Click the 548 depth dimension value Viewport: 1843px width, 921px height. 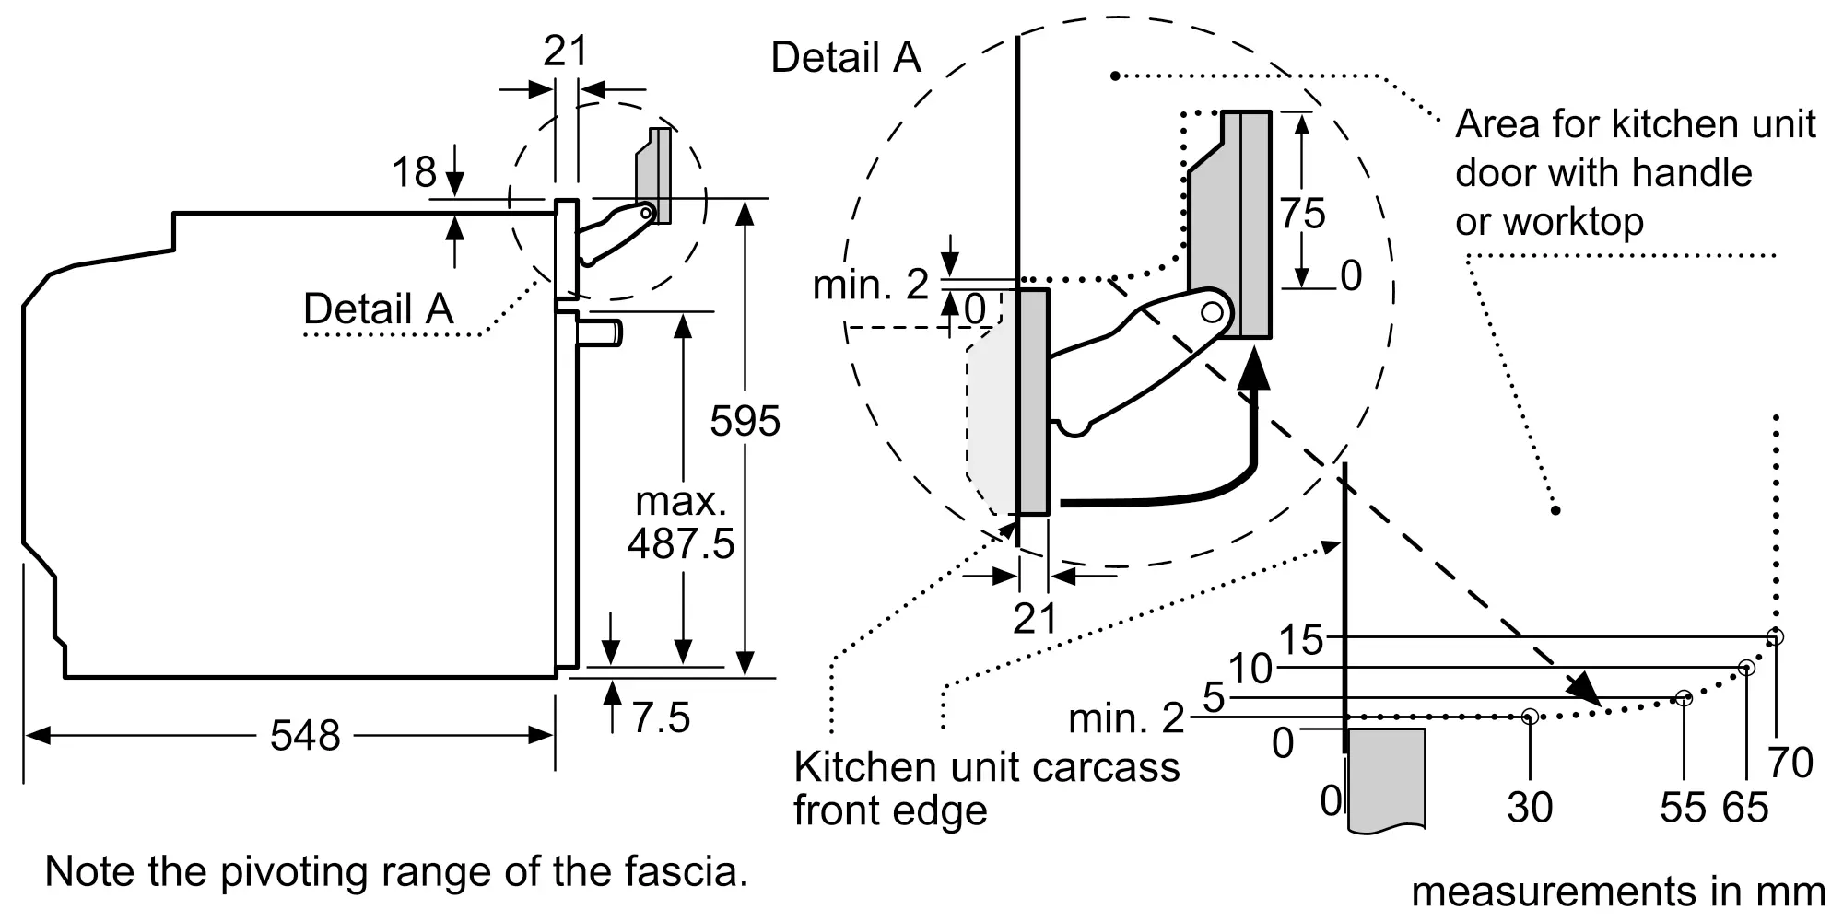305,736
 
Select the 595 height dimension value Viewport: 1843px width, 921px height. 745,421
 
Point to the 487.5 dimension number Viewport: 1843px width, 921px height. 681,543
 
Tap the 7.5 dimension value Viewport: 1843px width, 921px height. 661,717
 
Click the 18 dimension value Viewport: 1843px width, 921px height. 414,172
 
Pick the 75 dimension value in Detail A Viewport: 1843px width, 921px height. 1302,214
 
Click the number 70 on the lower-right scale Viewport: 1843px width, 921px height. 1790,764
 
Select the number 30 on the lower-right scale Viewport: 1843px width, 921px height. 1530,808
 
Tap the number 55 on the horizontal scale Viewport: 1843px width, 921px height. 1683,808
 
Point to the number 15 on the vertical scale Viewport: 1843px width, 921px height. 1300,640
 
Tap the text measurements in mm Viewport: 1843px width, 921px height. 1618,892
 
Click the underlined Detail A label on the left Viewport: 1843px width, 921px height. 379,309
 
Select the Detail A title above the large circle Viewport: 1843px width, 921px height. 846,58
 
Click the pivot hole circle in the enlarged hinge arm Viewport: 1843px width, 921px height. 1212,312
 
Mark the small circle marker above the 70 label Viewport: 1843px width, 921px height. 1775,636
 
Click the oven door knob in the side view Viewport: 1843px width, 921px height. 600,332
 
